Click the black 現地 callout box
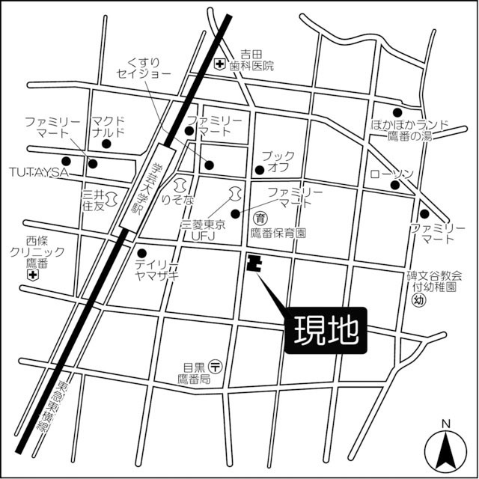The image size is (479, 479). [327, 329]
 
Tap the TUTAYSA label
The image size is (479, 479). [39, 172]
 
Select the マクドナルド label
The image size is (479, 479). [109, 126]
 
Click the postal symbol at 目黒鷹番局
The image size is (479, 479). [216, 366]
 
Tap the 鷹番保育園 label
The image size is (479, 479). [278, 234]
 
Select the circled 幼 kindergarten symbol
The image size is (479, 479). [418, 299]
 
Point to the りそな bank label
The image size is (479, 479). [183, 201]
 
